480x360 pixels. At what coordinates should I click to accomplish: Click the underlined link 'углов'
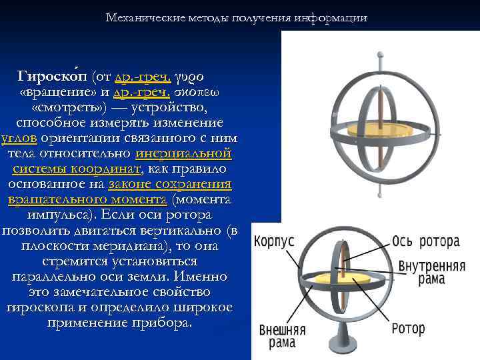(19, 139)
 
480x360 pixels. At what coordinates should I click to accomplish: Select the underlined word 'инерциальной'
(184, 154)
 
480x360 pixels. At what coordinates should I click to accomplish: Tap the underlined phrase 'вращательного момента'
(87, 200)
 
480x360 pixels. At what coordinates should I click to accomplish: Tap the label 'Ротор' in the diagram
(408, 328)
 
